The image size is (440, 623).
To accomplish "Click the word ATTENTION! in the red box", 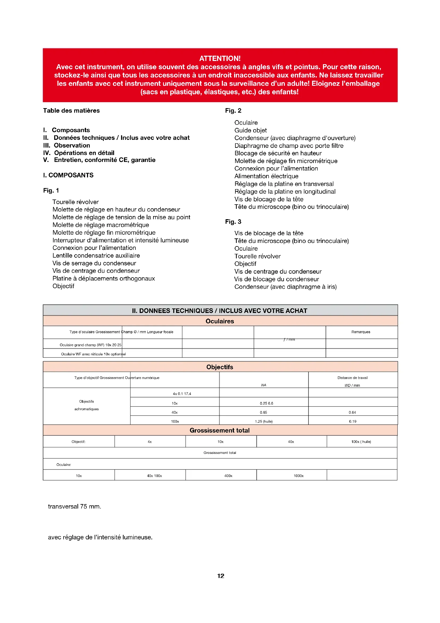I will click(220, 58).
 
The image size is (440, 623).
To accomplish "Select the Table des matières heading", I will click(71, 111).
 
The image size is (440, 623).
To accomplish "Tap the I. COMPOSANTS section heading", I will click(68, 175).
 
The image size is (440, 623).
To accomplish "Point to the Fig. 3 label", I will click(233, 222).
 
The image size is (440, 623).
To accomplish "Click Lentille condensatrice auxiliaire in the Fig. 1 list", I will click(96, 256).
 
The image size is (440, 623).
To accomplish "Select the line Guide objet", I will click(251, 131).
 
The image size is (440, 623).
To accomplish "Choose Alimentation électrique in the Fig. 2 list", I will click(266, 176).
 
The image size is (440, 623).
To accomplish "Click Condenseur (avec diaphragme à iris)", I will click(285, 287).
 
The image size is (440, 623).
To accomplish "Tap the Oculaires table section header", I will click(220, 321).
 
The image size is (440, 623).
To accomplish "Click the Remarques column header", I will click(361, 332).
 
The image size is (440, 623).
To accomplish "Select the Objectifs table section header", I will click(220, 367).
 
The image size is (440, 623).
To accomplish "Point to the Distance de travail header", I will click(352, 378).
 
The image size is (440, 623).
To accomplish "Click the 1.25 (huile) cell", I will click(264, 422).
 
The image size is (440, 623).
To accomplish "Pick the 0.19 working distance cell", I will click(352, 422).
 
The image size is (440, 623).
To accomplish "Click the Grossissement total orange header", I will click(220, 431).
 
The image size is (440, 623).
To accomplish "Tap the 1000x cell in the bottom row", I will click(298, 476).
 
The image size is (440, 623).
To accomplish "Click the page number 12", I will click(221, 576).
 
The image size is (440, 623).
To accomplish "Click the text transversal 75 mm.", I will click(74, 507).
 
